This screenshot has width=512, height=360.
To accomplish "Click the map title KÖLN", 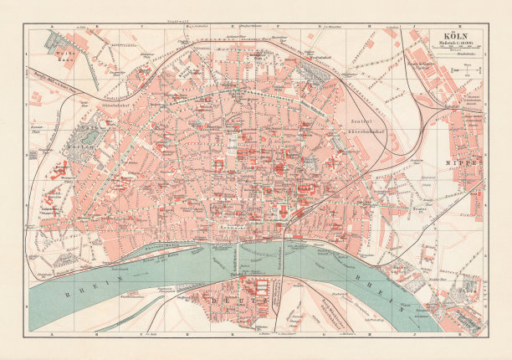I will [451, 36].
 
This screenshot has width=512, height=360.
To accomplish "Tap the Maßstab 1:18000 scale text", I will [451, 44].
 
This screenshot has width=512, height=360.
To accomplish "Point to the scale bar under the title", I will [451, 51].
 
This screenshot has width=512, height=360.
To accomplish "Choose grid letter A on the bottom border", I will [50, 333].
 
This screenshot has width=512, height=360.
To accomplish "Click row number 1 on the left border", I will [28, 55].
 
